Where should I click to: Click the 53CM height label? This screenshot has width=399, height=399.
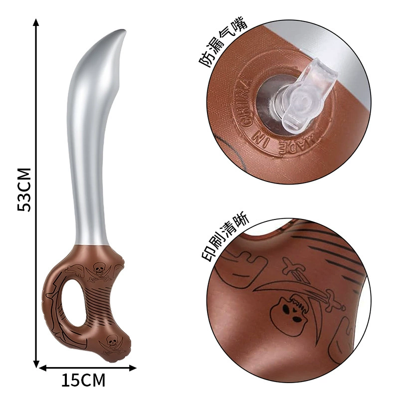point(24,190)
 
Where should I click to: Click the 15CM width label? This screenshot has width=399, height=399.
point(83,380)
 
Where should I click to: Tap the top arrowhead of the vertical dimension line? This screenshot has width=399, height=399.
point(36,22)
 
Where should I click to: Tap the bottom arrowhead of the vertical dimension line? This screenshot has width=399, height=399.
point(36,364)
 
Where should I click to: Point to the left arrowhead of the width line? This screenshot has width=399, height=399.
point(43,368)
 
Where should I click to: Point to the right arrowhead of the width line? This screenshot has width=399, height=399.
point(133,368)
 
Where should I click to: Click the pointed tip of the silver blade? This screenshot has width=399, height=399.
point(125,30)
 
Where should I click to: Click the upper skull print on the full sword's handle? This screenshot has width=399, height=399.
point(98,269)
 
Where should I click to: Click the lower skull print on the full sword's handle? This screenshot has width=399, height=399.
point(112,341)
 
